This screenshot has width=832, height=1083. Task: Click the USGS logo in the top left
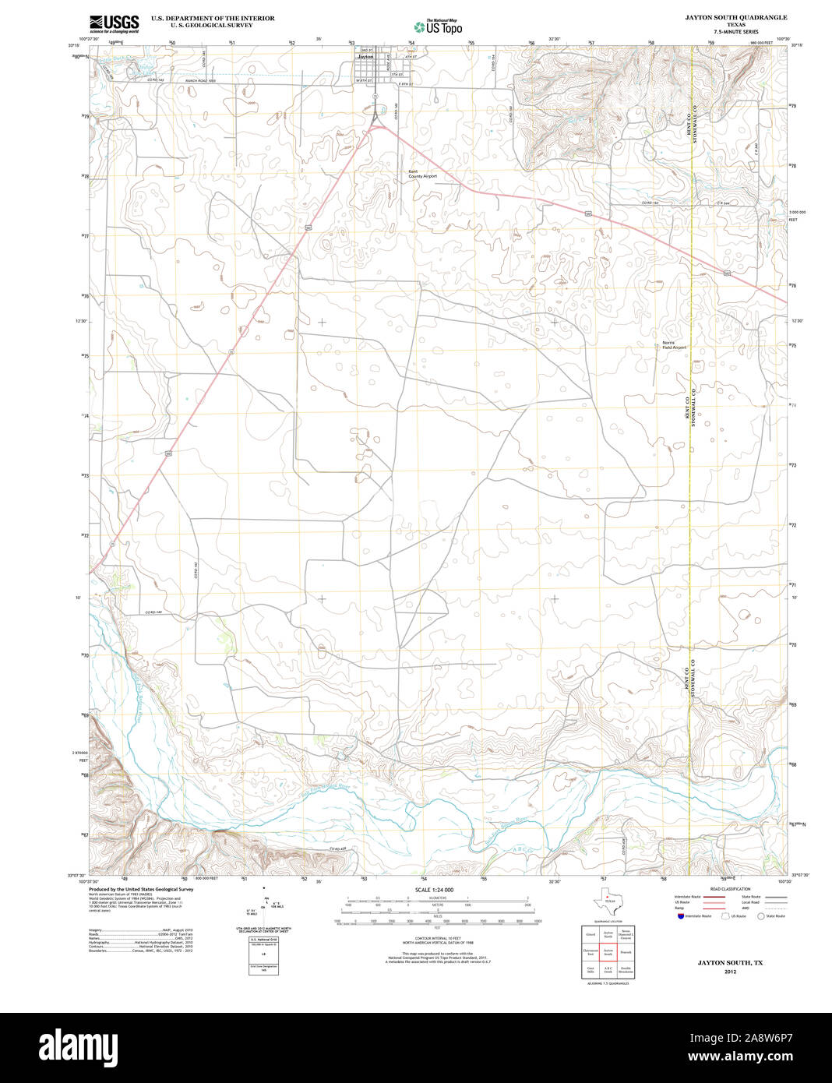(114, 23)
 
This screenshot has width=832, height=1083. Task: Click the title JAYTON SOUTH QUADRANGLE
(735, 17)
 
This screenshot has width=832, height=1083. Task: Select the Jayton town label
(365, 57)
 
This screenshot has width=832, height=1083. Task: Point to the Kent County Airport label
(422, 175)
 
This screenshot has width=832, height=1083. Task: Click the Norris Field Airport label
(674, 345)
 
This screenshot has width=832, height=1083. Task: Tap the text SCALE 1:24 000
(434, 890)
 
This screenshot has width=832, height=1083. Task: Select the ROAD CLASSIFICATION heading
(730, 889)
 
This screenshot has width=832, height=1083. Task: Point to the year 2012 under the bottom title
(730, 972)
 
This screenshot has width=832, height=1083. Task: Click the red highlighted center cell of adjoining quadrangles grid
(608, 951)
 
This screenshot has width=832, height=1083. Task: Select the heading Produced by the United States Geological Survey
(141, 889)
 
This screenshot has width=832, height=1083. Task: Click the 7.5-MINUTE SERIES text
(735, 32)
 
